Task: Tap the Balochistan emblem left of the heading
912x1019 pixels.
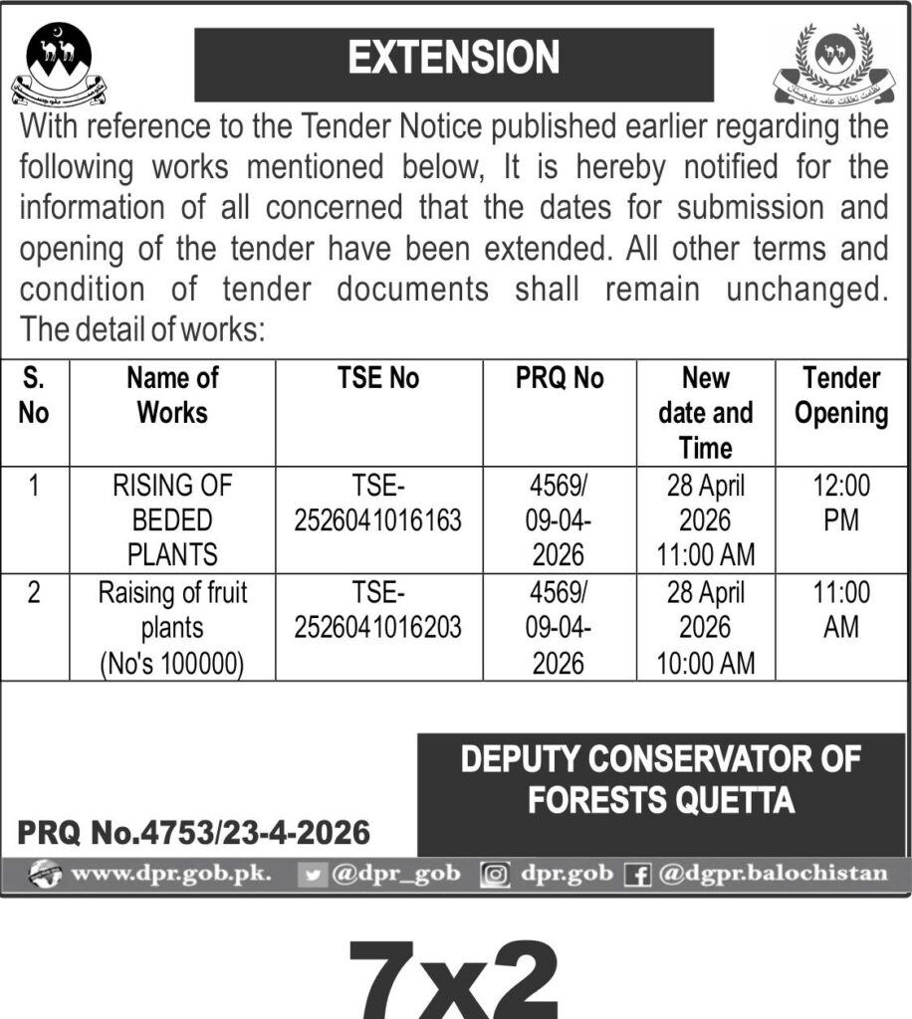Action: click(57, 65)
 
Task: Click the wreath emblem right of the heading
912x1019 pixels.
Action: click(830, 66)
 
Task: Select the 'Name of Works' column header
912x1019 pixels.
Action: click(172, 395)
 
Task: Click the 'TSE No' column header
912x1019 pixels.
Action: click(378, 378)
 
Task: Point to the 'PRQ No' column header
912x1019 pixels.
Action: click(560, 378)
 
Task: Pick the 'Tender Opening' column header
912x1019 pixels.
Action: click(841, 395)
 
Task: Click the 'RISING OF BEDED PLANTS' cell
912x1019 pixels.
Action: click(172, 519)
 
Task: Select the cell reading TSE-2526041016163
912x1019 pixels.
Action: click(378, 503)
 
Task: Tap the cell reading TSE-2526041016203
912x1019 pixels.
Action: click(378, 610)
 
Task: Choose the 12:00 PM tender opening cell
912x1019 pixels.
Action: click(841, 503)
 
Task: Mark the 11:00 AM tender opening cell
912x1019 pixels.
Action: click(841, 610)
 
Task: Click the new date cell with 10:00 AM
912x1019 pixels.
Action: click(706, 627)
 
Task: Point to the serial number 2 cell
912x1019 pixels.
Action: click(34, 593)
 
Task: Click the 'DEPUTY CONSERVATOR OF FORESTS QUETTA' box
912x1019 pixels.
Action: click(661, 780)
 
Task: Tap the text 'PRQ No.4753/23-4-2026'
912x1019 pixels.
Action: click(193, 831)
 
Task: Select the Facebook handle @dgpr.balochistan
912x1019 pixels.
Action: click(771, 875)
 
